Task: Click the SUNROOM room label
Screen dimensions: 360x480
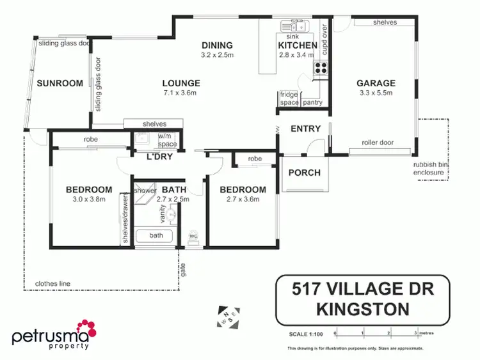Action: point(60,83)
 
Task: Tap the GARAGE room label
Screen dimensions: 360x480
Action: point(376,82)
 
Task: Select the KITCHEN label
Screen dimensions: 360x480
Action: point(298,46)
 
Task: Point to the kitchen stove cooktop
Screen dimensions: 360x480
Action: point(320,67)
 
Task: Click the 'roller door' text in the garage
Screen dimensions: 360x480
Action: point(377,143)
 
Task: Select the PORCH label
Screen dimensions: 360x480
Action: point(304,173)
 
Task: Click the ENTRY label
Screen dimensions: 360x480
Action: point(305,129)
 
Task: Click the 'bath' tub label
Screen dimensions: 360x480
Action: point(156,235)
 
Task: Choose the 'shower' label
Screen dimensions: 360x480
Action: point(145,190)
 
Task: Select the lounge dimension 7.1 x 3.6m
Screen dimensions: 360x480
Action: point(181,93)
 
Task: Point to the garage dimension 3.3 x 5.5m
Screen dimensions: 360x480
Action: point(376,93)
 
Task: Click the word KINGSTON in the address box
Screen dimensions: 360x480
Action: point(363,309)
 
